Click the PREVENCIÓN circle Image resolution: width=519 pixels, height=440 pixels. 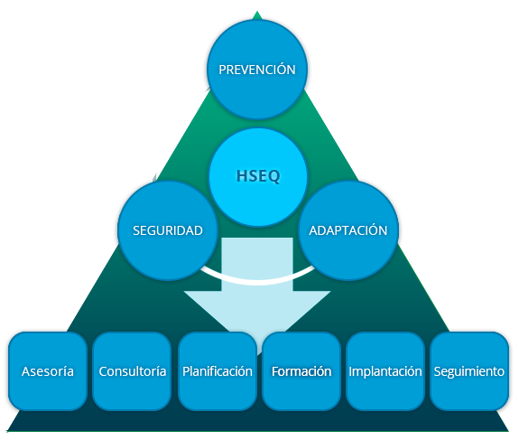[x=257, y=70]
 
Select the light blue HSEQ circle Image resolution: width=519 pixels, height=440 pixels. [x=258, y=177]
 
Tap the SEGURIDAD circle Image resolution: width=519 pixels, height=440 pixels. [x=168, y=230]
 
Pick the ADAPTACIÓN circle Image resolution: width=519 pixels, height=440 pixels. [x=348, y=230]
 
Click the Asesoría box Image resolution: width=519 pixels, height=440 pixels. [x=48, y=371]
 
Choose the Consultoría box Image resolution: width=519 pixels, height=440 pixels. [x=132, y=371]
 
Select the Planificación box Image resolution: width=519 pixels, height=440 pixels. [x=218, y=371]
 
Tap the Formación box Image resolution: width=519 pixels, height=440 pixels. [x=301, y=371]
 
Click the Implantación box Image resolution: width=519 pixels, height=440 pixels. [x=385, y=371]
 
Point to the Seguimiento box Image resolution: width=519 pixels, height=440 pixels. [x=469, y=371]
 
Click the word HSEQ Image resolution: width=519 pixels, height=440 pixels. [x=258, y=176]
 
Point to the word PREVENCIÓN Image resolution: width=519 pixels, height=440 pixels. [x=257, y=70]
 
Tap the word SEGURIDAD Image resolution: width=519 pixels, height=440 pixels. [x=168, y=230]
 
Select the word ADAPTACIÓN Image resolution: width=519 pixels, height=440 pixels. [x=348, y=230]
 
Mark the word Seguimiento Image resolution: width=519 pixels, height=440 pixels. [x=469, y=371]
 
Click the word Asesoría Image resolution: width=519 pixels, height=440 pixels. [x=48, y=371]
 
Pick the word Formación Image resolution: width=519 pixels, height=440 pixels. [x=301, y=371]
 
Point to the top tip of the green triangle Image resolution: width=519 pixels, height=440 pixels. [x=257, y=12]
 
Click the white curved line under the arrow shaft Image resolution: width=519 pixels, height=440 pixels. [x=257, y=282]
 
